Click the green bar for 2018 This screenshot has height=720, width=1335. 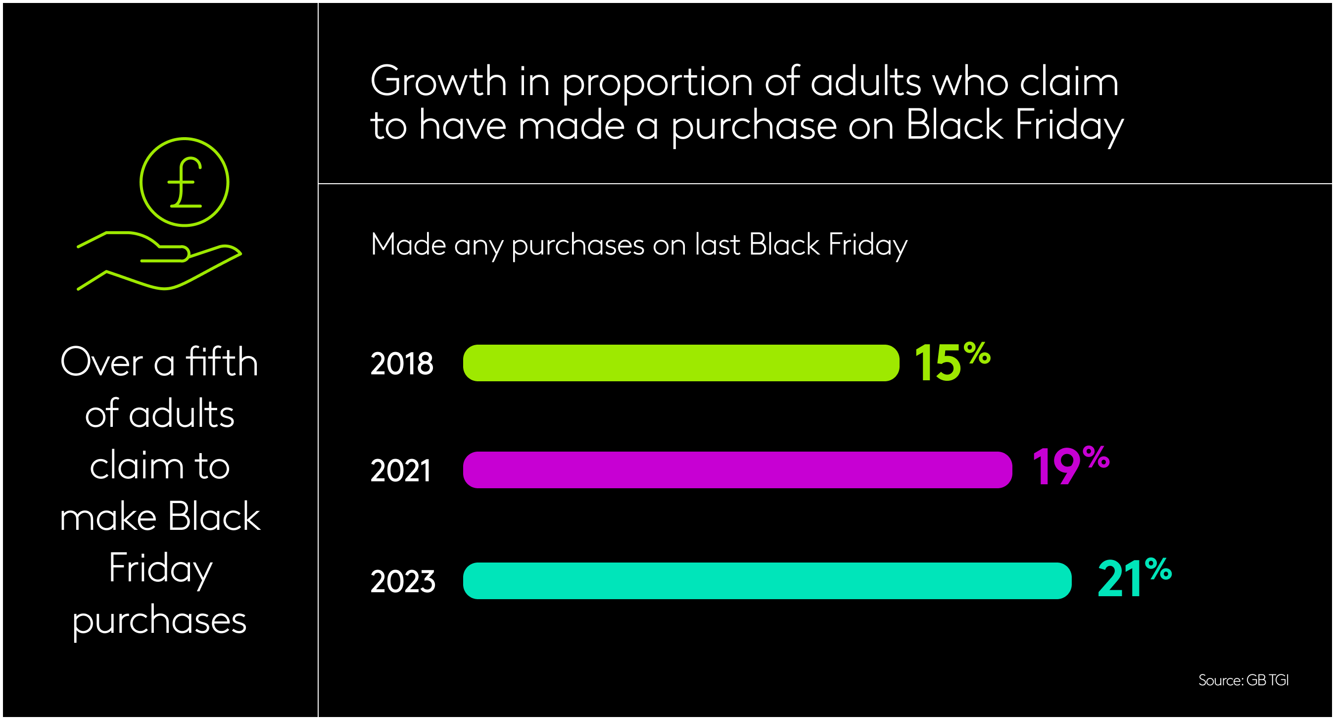(680, 362)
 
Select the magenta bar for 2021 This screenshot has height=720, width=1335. (737, 469)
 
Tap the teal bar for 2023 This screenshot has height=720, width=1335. (766, 580)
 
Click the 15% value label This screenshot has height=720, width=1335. (952, 362)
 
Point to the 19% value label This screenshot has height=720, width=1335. (1070, 466)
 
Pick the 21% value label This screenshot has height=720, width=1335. (1134, 578)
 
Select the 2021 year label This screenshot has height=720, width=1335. (400, 470)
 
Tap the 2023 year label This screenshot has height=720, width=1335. (403, 581)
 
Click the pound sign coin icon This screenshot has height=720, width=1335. (184, 182)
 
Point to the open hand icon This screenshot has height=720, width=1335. (158, 260)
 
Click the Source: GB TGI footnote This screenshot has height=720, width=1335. (1243, 680)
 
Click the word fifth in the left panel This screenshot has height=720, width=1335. (222, 361)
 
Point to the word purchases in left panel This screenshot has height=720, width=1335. (159, 620)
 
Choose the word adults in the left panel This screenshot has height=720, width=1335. (182, 414)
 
